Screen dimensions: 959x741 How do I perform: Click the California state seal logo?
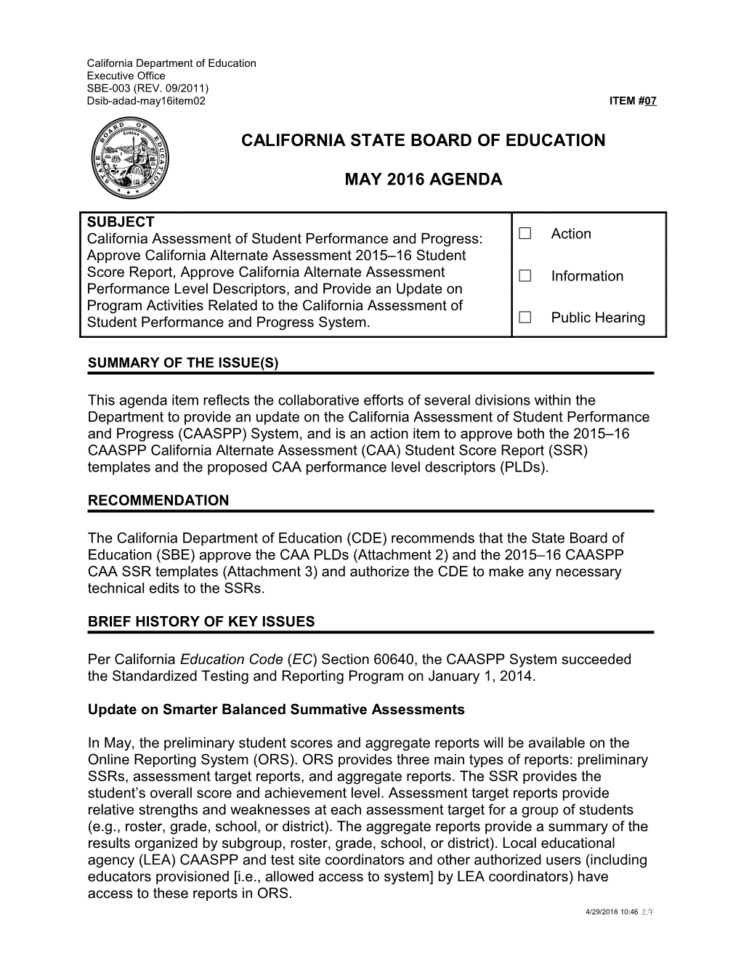tap(131, 158)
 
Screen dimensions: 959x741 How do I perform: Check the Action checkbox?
tap(525, 233)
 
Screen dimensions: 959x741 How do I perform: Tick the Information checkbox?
tap(525, 276)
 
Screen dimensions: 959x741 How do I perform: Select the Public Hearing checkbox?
tap(525, 317)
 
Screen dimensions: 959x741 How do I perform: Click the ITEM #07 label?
tap(633, 101)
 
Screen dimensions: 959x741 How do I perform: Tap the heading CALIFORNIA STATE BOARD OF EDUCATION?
tap(423, 141)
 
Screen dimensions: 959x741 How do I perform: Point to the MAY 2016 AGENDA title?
tap(423, 179)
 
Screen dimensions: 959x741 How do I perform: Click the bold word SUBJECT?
tap(120, 222)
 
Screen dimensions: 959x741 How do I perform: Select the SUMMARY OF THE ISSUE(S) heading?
tap(183, 363)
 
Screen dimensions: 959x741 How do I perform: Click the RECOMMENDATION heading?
tap(158, 501)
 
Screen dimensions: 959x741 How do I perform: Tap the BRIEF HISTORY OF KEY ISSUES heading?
tap(201, 621)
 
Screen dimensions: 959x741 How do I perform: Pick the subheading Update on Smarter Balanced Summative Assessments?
tap(276, 709)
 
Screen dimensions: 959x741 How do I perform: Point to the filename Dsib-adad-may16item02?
tap(146, 100)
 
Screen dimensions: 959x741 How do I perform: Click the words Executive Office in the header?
tap(126, 76)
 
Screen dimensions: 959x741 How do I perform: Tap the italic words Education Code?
tap(231, 660)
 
